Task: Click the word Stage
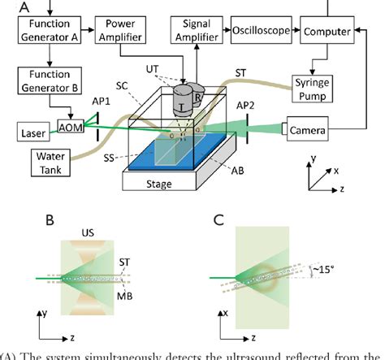[x=160, y=184]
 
